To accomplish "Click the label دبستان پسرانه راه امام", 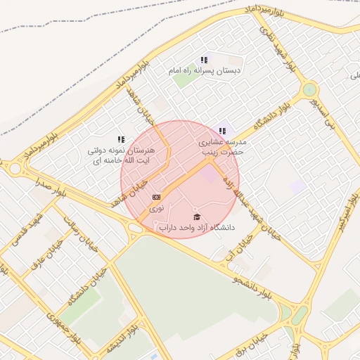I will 205,71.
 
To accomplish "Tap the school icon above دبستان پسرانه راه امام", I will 204,60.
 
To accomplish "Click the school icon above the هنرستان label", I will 121,139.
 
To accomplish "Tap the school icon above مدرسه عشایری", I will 223,130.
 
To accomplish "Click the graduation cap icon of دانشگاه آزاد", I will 197,217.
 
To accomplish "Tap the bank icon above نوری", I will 156,198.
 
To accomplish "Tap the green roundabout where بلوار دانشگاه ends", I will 309,90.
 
